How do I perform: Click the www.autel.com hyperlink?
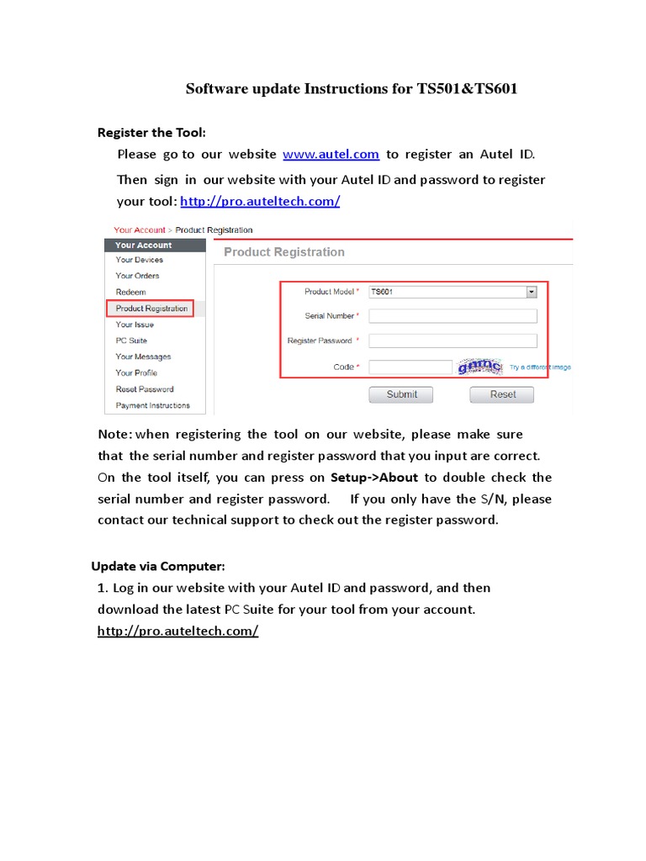pos(331,154)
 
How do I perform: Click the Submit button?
pos(401,394)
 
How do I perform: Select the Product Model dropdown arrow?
pos(531,292)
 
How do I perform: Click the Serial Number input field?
pos(453,316)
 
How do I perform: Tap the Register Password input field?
pos(453,341)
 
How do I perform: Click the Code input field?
pos(410,367)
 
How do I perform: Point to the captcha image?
pos(479,367)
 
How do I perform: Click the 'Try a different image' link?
pos(540,367)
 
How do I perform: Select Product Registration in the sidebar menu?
pos(151,309)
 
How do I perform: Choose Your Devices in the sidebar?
pos(140,260)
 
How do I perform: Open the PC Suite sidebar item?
pos(131,341)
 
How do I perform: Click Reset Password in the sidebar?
pos(145,389)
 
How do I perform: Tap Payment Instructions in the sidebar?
pos(153,405)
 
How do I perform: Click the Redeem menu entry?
pos(130,292)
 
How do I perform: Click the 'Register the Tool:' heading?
pos(151,133)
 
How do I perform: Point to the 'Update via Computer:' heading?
pos(158,566)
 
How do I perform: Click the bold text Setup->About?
pos(374,478)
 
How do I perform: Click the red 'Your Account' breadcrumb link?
pos(140,230)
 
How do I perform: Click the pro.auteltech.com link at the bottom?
pos(177,631)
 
